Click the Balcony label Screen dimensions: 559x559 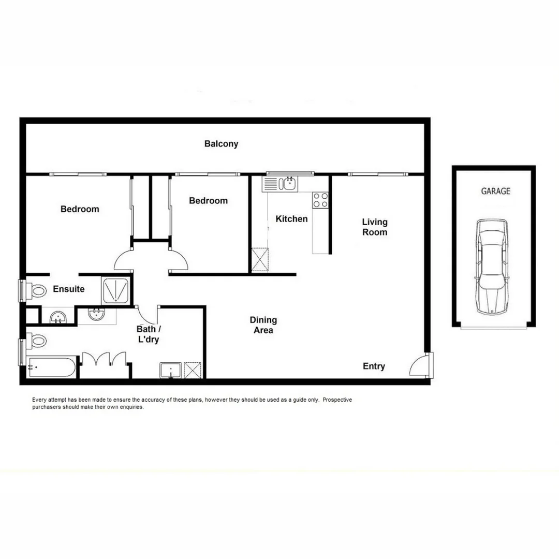[x=221, y=144]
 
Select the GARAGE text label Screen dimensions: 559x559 [x=495, y=191]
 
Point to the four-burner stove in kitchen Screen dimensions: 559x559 [x=320, y=200]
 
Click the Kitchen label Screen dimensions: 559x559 [x=291, y=219]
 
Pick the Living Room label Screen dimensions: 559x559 [x=374, y=227]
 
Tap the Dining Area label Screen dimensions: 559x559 [x=263, y=325]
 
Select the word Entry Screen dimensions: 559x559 [x=374, y=366]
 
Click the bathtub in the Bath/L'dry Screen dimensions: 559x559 [x=52, y=367]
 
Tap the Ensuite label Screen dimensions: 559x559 [x=69, y=289]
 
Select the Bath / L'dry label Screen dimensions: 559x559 [x=148, y=334]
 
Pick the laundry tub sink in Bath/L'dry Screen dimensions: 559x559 [x=170, y=371]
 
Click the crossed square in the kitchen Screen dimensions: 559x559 [x=260, y=260]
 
